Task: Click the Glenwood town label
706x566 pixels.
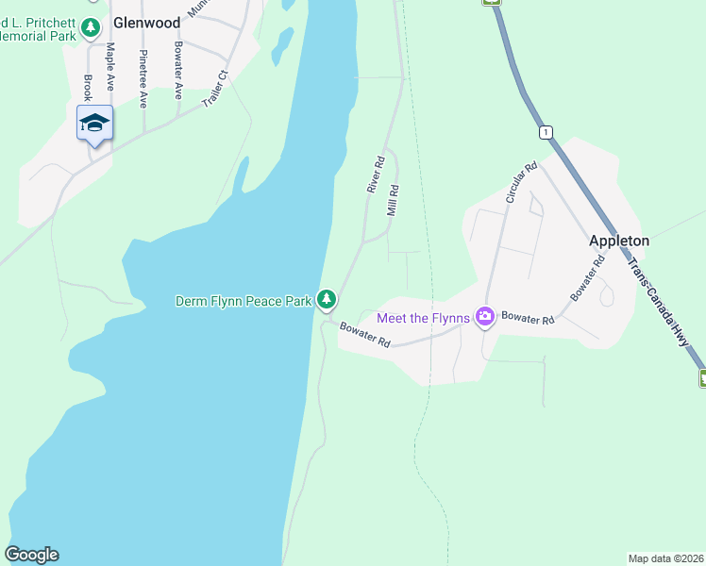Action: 146,23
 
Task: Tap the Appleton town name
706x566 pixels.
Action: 619,241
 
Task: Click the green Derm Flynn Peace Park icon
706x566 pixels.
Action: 327,300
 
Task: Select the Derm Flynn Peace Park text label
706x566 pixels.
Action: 244,301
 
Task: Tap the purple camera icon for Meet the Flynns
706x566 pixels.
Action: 485,317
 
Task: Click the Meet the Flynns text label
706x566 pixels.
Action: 424,318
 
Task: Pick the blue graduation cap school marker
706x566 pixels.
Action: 95,124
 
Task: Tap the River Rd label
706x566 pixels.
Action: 376,176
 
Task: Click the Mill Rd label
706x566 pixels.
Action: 394,200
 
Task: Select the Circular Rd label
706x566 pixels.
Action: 520,183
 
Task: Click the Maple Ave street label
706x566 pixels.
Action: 111,65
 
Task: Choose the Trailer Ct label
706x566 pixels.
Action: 216,88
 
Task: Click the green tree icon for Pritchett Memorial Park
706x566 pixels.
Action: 91,28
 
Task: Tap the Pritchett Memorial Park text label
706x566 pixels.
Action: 38,27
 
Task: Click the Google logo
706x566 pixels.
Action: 31,555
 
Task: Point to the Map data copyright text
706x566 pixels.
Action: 665,558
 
